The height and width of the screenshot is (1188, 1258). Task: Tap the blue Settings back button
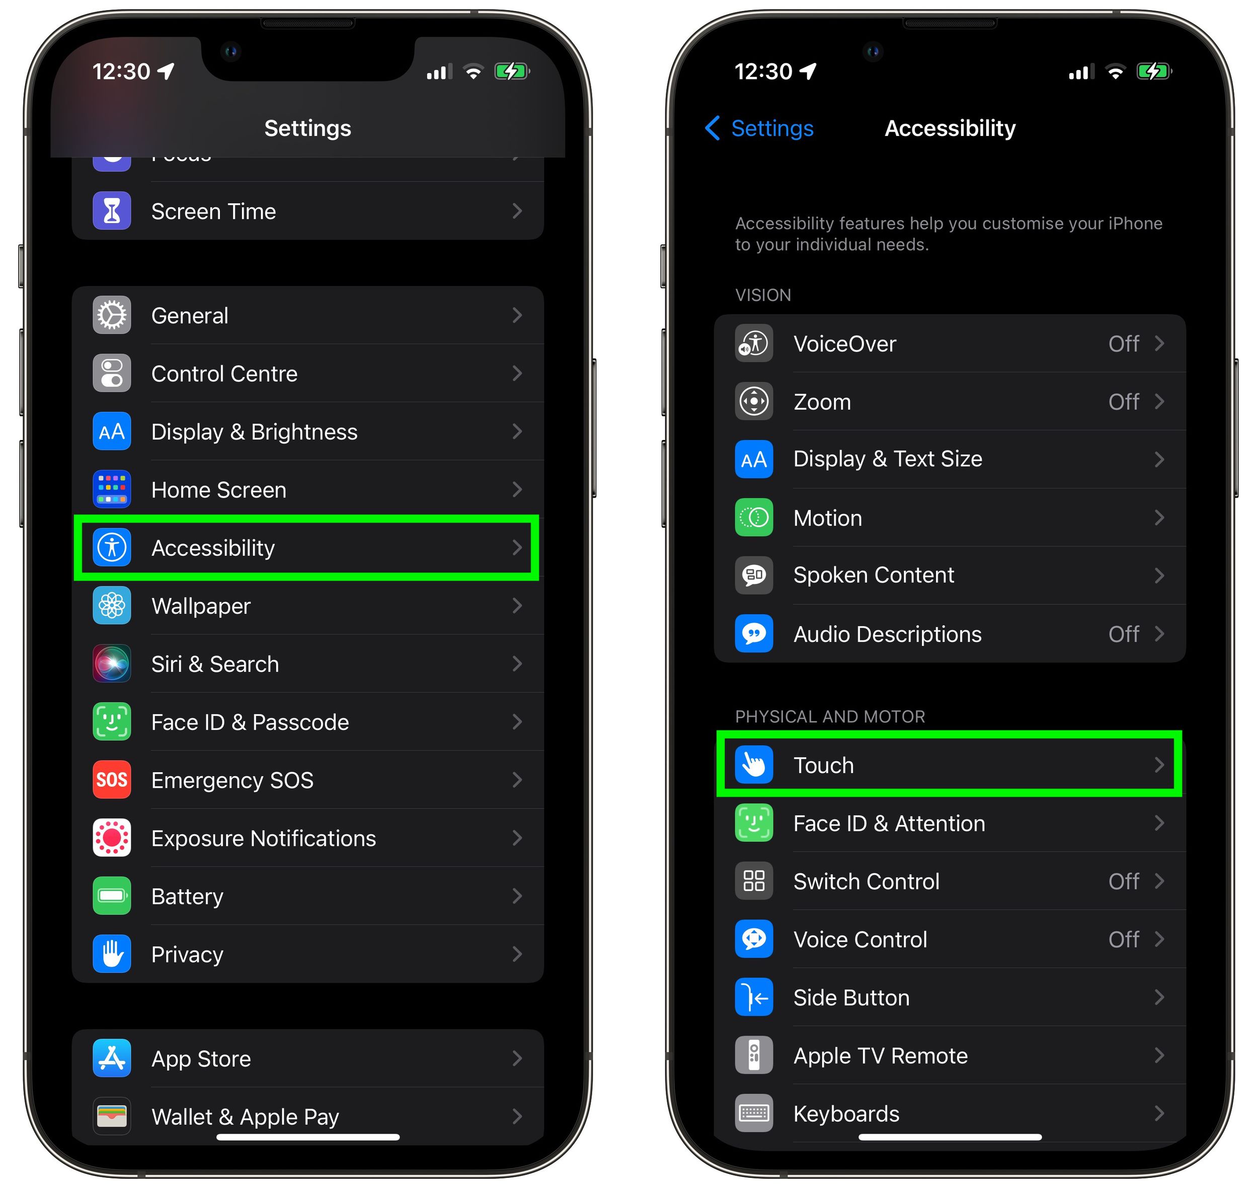tap(760, 128)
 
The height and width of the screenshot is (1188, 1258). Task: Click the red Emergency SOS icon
tap(112, 780)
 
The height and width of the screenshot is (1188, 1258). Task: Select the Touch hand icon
tap(754, 765)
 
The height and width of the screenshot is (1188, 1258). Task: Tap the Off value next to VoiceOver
tap(1124, 344)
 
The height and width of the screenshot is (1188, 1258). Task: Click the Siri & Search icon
tap(112, 663)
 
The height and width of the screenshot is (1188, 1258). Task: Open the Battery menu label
tap(187, 897)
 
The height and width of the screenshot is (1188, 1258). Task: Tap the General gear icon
tap(112, 315)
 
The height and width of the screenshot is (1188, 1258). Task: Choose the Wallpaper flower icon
tap(112, 606)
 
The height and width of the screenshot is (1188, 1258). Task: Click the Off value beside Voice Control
tap(1124, 940)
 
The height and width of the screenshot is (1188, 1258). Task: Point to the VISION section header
tap(763, 295)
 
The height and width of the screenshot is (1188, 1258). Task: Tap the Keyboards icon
tap(754, 1113)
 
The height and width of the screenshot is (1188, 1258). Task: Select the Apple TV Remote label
tap(881, 1056)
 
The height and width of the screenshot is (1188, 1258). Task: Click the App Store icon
tap(112, 1058)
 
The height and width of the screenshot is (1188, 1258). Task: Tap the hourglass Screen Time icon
tap(112, 211)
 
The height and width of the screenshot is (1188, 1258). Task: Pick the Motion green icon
tap(754, 518)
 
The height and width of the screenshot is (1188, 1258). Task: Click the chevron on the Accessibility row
tap(517, 548)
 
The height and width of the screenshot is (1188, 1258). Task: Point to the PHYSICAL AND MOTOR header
tap(830, 716)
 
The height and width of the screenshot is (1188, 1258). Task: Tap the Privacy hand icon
tap(112, 954)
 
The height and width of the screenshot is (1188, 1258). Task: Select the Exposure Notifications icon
tap(112, 838)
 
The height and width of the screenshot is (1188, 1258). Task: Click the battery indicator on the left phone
tap(512, 71)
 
